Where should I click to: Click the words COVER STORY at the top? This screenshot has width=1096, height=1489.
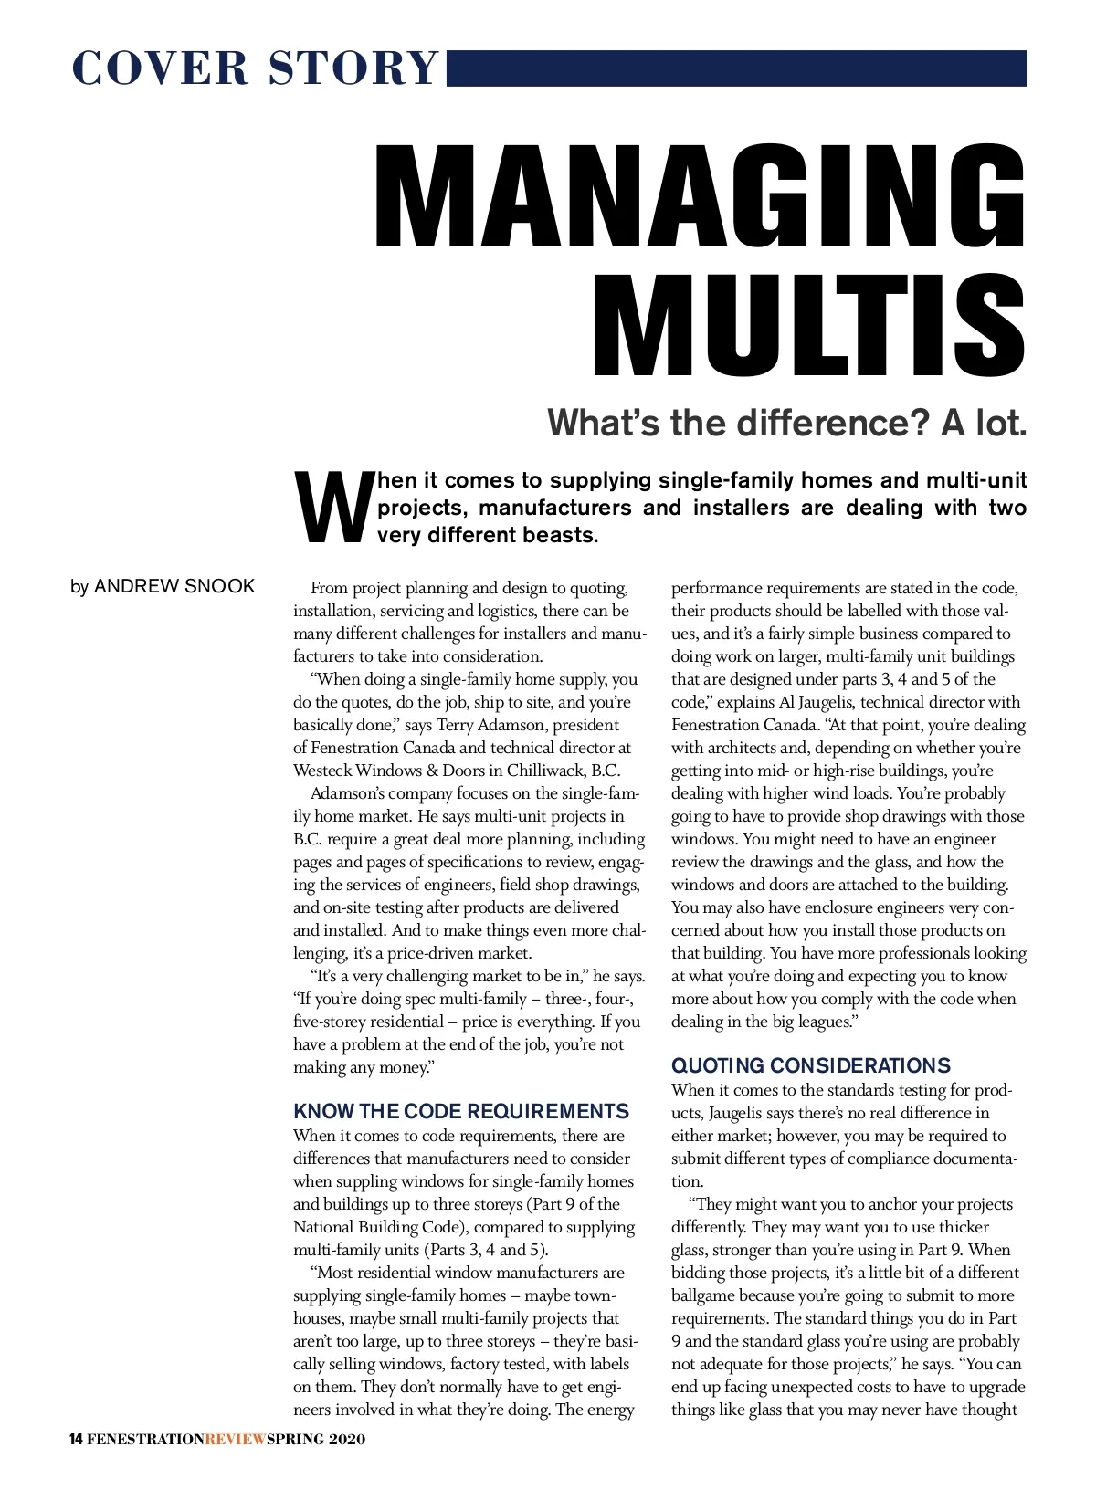[255, 68]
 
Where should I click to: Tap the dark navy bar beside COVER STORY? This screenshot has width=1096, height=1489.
[736, 68]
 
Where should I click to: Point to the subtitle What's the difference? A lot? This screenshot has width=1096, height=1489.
[787, 423]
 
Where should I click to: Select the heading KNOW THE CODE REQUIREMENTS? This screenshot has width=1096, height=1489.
[461, 1111]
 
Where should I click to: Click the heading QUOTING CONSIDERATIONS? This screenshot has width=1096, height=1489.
[811, 1065]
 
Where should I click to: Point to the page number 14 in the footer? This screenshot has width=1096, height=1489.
[76, 1440]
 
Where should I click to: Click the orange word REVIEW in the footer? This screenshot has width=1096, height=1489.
[236, 1440]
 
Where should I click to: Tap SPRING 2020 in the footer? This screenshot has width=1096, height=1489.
[316, 1440]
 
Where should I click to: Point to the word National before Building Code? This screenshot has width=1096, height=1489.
[324, 1227]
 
